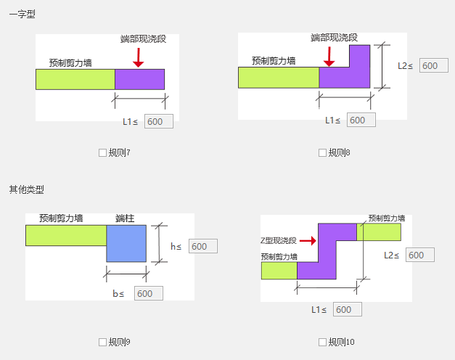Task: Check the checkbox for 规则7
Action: (x=102, y=152)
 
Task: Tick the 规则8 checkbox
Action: (x=322, y=152)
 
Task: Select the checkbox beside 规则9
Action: (x=102, y=342)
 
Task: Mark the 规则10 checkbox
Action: (x=322, y=342)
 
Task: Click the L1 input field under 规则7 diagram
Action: (x=159, y=121)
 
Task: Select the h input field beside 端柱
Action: (x=203, y=246)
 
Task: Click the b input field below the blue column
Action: (x=148, y=293)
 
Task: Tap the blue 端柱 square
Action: (x=127, y=243)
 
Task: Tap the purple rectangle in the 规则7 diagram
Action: (x=139, y=79)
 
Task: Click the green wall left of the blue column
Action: (x=66, y=235)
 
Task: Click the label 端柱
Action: (x=125, y=218)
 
